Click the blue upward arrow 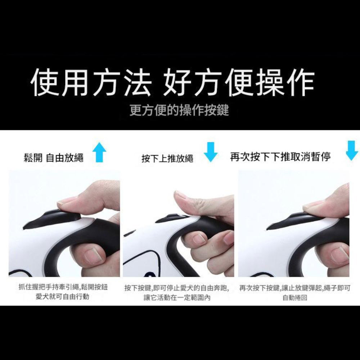tap(99, 153)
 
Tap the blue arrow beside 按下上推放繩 tap(211, 152)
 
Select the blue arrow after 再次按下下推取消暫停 tap(352, 150)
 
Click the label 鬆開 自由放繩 tap(53, 158)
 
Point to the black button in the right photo tap(295, 220)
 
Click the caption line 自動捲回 tap(294, 298)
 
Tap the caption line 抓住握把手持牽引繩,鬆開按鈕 tap(63, 287)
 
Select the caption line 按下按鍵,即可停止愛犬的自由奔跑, tap(177, 288)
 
